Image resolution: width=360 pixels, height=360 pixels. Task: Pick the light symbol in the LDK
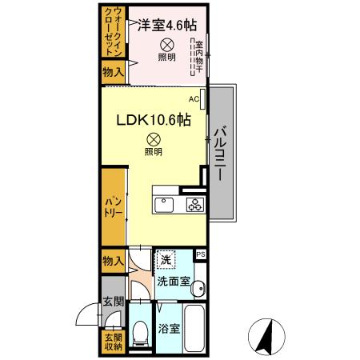(152, 138)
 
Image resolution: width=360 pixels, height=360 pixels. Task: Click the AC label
(194, 99)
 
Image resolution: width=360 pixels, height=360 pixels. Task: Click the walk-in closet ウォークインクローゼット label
(113, 30)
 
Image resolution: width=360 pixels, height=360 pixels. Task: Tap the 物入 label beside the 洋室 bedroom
(113, 73)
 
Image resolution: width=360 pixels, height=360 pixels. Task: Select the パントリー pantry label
(113, 210)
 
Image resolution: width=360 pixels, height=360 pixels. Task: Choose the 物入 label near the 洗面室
(113, 262)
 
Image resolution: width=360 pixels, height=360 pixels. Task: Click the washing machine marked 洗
(165, 259)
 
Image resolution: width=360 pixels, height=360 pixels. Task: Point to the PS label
(201, 255)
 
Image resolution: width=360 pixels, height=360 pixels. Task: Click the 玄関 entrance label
(112, 302)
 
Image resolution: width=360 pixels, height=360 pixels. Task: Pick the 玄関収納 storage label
(112, 342)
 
